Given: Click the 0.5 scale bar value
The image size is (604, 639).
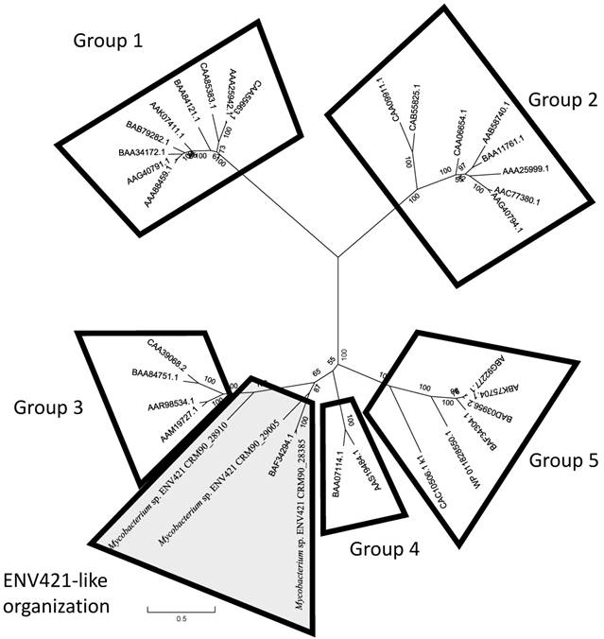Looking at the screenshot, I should pyautogui.click(x=181, y=618).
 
